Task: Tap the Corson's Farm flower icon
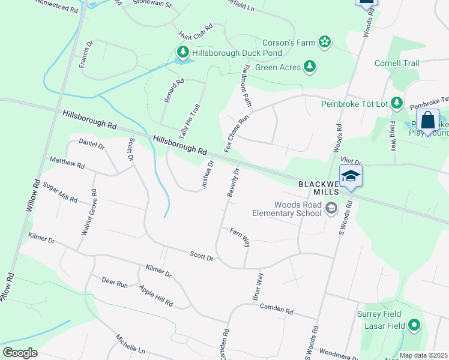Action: click(324, 42)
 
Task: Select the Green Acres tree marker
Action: click(310, 67)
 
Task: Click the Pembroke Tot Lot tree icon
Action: click(397, 104)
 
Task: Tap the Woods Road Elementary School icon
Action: click(330, 209)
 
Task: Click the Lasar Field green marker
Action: click(413, 326)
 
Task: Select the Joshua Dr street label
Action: click(208, 175)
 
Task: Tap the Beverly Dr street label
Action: click(234, 182)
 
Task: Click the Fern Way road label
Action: click(240, 237)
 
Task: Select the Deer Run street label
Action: click(115, 282)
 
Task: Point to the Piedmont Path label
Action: click(246, 86)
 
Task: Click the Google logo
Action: click(20, 353)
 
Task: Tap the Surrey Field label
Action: click(378, 314)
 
